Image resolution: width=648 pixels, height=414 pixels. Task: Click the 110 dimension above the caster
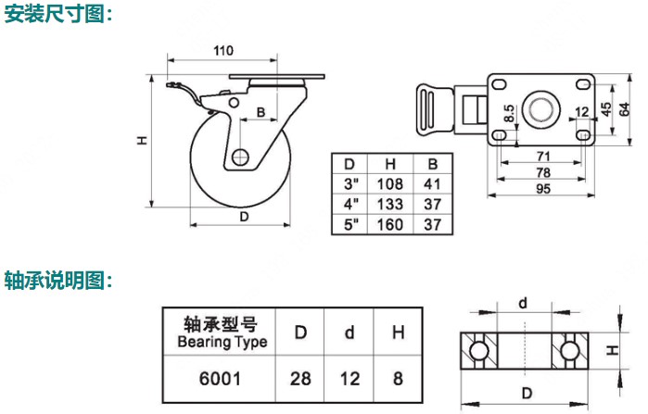pyautogui.click(x=223, y=51)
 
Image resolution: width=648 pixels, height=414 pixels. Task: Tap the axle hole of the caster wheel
pyautogui.click(x=242, y=157)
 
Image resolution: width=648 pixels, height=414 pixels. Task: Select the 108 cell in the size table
pyautogui.click(x=391, y=183)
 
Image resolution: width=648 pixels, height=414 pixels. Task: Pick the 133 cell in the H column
pyautogui.click(x=391, y=204)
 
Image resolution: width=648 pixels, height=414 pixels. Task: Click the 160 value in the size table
pyautogui.click(x=391, y=224)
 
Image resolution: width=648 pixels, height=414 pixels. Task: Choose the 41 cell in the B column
pyautogui.click(x=432, y=183)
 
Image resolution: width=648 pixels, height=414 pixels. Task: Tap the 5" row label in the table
pyautogui.click(x=349, y=224)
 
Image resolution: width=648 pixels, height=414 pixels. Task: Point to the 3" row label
pyautogui.click(x=349, y=183)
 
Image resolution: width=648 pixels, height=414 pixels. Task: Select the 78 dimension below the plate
pyautogui.click(x=545, y=173)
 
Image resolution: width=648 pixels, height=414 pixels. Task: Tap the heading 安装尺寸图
pyautogui.click(x=57, y=14)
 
